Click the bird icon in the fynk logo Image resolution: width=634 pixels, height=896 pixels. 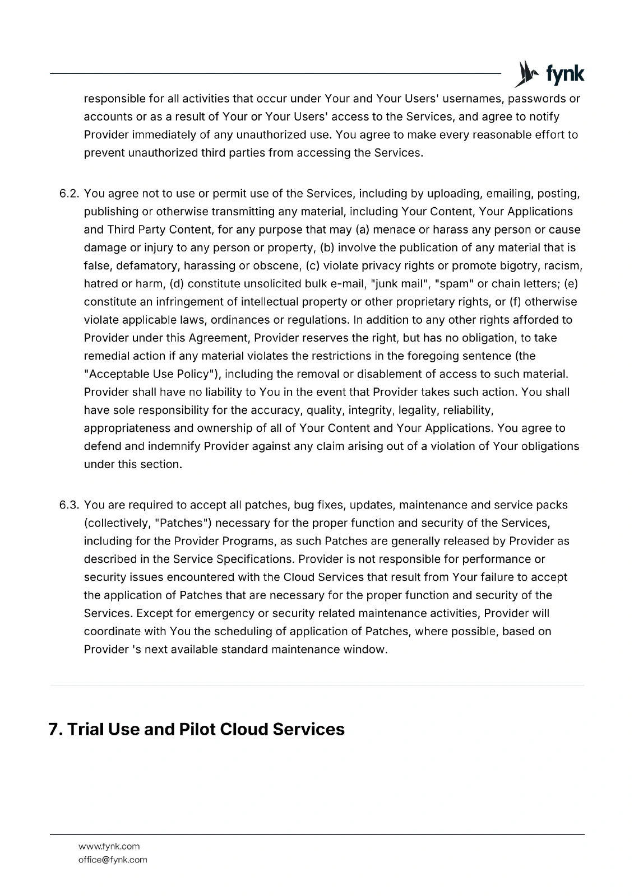pos(525,74)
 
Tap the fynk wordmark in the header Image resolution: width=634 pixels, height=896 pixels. pos(565,74)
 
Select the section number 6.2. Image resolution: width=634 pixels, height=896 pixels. pos(70,194)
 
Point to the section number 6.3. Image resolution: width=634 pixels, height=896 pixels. pos(70,505)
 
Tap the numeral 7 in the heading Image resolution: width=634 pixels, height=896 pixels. pos(54,730)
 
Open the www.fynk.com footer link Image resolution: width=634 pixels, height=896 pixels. pos(109,846)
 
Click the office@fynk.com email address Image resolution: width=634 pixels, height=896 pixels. pos(113,860)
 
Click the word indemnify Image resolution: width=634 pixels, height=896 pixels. pos(174,446)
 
